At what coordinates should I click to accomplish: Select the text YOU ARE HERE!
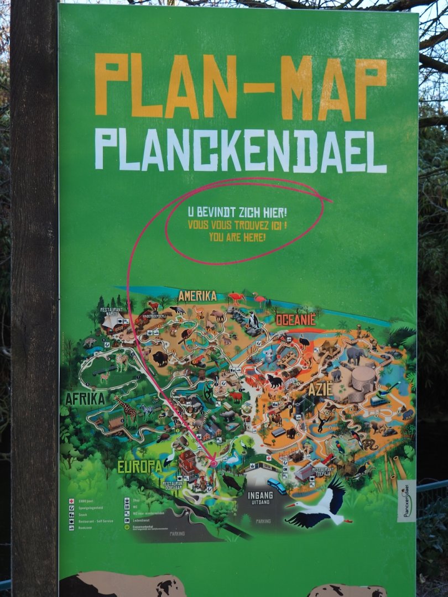[x=237, y=237]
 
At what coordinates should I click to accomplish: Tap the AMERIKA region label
[x=197, y=296]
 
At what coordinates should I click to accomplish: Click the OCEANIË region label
[x=295, y=320]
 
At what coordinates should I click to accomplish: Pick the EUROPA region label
[x=139, y=467]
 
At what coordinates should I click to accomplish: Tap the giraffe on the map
[x=126, y=410]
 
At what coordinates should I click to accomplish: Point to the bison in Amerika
[x=160, y=359]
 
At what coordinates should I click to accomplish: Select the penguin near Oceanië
[x=253, y=319]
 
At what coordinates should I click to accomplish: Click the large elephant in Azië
[x=356, y=354]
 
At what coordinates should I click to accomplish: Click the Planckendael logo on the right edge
[x=407, y=500]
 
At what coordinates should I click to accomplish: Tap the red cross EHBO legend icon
[x=71, y=501]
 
